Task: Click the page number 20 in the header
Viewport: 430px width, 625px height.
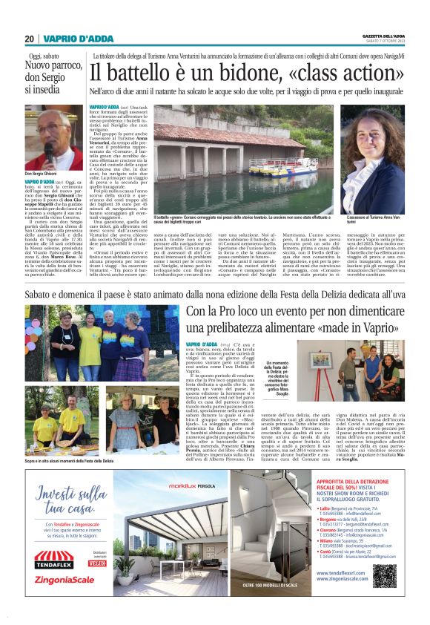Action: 29,39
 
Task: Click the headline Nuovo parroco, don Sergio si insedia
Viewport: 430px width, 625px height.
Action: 53,79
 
